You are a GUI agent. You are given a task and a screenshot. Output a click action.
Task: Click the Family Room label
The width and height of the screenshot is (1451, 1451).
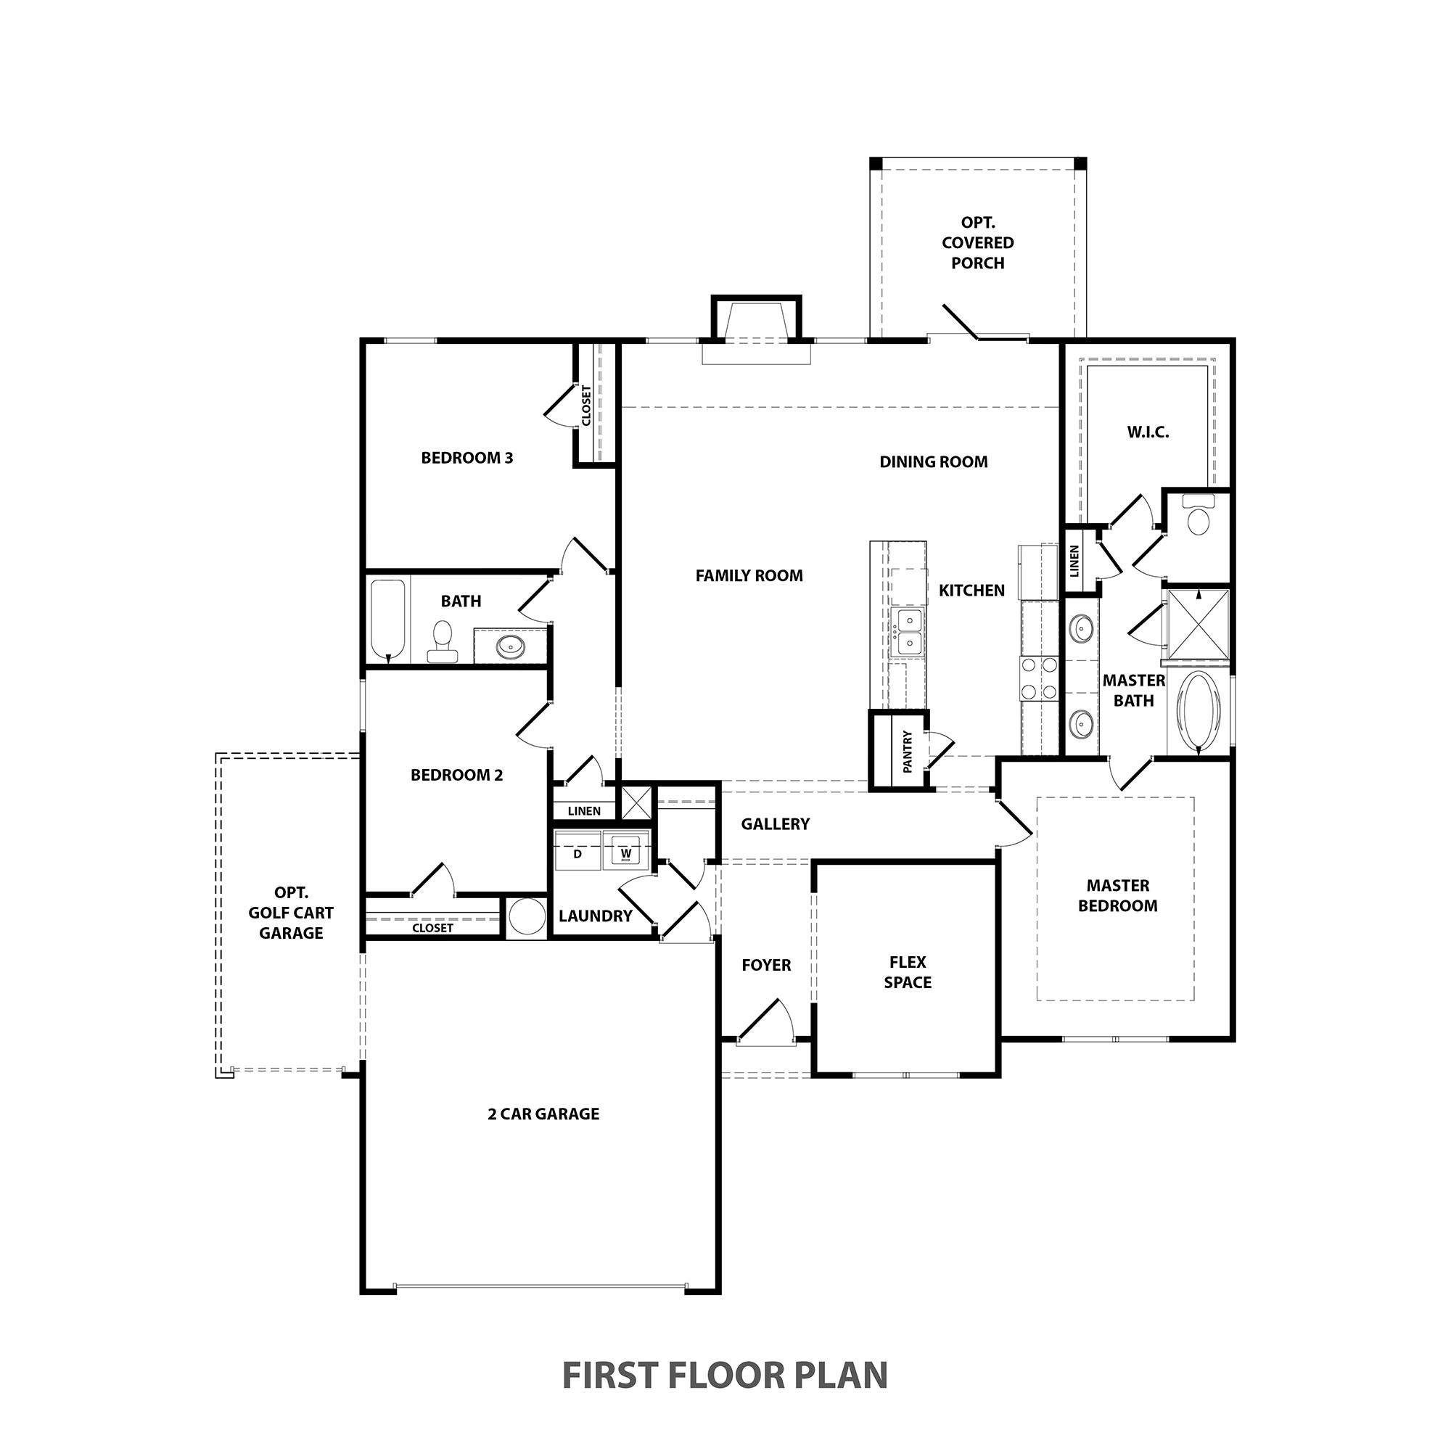point(749,576)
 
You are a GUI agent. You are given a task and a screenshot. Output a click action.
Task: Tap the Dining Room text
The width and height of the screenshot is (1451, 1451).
point(934,462)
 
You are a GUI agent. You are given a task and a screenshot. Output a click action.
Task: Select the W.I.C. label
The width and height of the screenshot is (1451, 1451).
point(1148,432)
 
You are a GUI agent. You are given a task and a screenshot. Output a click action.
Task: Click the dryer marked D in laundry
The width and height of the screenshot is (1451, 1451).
point(577,853)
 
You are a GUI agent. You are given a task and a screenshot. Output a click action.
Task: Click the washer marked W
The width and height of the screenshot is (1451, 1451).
point(625,853)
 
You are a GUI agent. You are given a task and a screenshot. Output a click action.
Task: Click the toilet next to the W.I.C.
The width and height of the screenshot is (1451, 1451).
point(1198,515)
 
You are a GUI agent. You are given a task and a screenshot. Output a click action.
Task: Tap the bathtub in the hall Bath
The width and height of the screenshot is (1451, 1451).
point(388,619)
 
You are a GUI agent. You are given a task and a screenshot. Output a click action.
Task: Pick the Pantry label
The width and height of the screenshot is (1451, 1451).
point(908,751)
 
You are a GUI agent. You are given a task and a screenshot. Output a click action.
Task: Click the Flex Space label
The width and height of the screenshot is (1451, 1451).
point(908,972)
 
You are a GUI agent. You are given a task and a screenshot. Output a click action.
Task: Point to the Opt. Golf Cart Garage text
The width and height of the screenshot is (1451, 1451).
point(292,913)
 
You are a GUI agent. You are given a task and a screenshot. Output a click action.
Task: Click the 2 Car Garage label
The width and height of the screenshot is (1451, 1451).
point(543,1114)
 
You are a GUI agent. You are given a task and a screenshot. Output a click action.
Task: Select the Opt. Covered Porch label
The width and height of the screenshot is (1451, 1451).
point(978,242)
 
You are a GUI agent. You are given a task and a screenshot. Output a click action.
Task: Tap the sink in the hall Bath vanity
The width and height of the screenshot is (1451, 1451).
point(511,645)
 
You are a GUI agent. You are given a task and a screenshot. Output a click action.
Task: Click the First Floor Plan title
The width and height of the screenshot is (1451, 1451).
point(725,1374)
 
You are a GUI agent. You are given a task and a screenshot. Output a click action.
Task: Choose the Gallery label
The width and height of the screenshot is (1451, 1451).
point(775,824)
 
